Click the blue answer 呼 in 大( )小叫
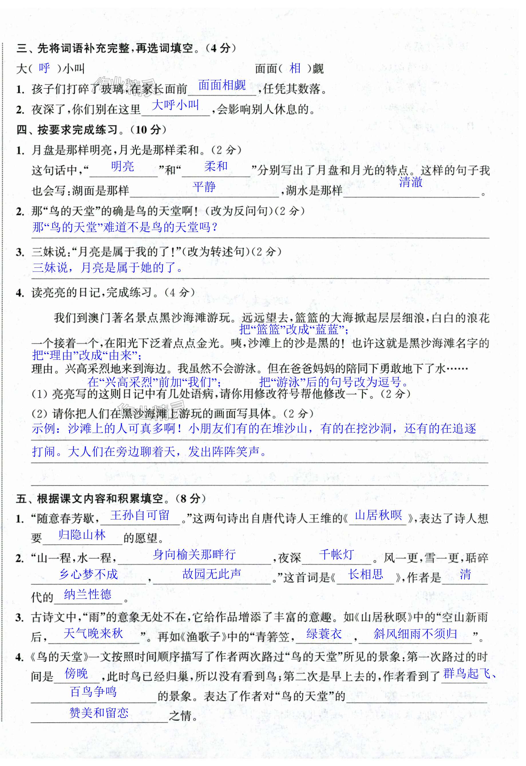(x=44, y=68)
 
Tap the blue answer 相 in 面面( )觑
(x=295, y=68)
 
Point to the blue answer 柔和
(x=216, y=166)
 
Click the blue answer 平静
(x=204, y=187)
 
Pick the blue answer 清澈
(x=411, y=182)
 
